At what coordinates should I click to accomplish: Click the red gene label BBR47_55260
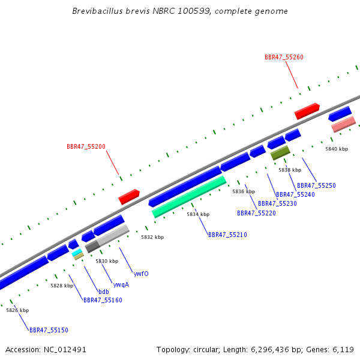(x=284, y=57)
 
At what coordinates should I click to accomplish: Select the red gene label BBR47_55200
(x=86, y=146)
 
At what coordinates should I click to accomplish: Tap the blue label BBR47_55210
(x=227, y=235)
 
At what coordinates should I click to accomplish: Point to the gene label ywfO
(x=141, y=274)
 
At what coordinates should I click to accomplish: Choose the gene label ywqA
(x=121, y=284)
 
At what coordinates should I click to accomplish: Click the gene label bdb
(x=104, y=292)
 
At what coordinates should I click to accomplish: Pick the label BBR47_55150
(x=49, y=330)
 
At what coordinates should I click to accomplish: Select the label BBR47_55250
(x=316, y=185)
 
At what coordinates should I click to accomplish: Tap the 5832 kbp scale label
(x=152, y=237)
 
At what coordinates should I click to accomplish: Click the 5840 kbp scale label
(x=337, y=149)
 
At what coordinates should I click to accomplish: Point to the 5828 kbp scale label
(x=62, y=286)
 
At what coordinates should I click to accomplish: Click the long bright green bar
(x=189, y=197)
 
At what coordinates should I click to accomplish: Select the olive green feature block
(x=280, y=152)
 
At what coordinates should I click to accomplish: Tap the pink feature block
(x=343, y=124)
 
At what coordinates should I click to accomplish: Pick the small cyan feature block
(x=77, y=253)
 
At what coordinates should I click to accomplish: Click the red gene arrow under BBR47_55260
(x=307, y=111)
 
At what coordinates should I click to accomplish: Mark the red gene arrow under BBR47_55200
(x=129, y=197)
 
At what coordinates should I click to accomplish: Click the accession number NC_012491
(x=65, y=350)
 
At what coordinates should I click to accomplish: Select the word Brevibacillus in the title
(x=98, y=11)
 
